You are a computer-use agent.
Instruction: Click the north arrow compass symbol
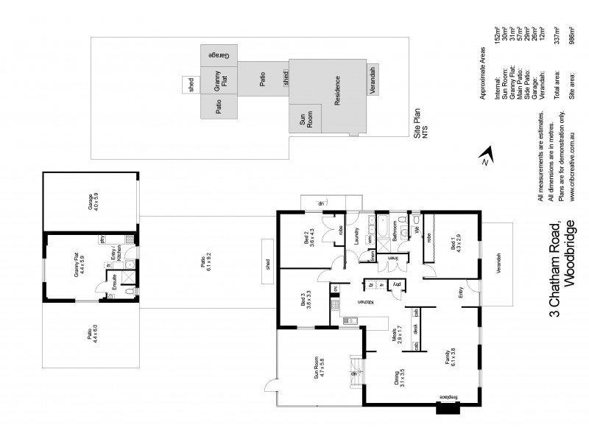click(483, 158)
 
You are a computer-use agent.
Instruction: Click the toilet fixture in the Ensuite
click(128, 292)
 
